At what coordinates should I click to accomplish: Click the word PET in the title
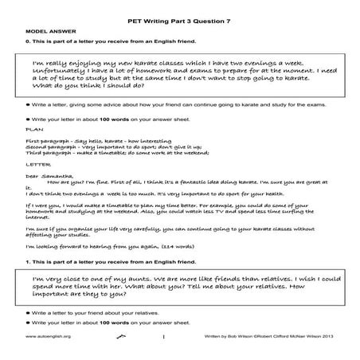pos(127,14)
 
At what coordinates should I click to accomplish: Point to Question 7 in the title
pos(213,14)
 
